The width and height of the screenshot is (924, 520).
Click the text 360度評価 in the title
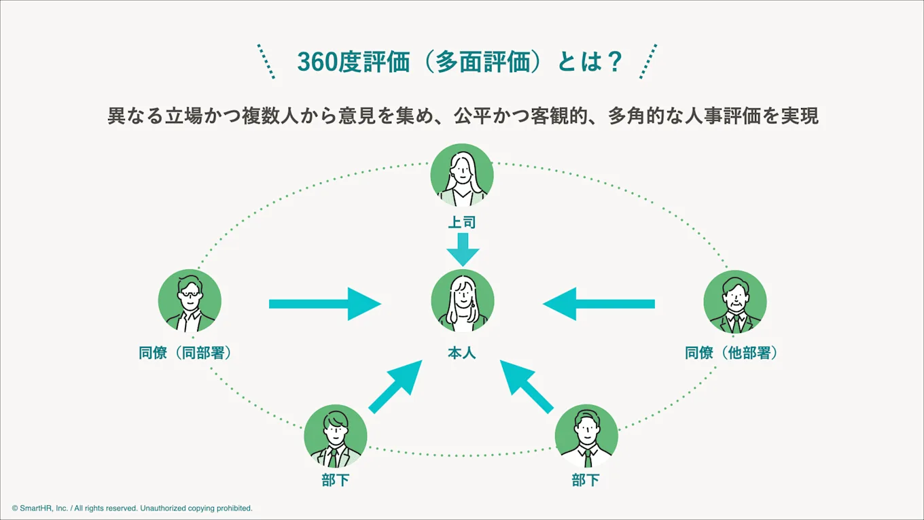353,63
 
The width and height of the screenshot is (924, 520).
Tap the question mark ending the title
614,63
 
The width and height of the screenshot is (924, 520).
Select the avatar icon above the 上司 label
462,175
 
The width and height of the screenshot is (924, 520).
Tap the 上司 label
462,222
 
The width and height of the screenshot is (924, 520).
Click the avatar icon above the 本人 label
462,300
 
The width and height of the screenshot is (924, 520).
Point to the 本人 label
462,353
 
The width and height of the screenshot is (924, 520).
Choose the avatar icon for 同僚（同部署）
190,301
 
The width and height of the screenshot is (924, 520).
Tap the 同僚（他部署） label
731,353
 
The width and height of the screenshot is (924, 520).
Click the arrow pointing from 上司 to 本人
462,249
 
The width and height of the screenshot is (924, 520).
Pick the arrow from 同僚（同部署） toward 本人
324,304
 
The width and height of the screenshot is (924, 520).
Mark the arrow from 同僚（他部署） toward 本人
599,304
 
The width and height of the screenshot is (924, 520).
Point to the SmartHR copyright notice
132,508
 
